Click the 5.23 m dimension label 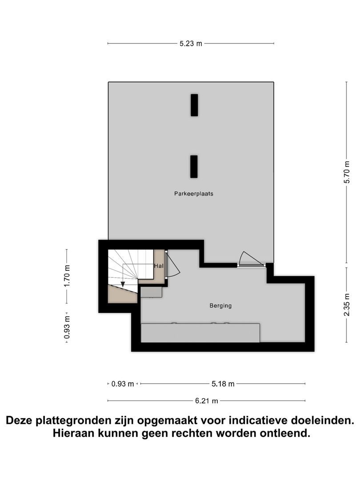point(191,44)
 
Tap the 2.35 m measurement point(347,305)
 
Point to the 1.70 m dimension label point(67,276)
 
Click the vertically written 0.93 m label point(67,327)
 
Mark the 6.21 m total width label point(207,401)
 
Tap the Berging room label point(220,306)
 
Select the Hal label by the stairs point(158,266)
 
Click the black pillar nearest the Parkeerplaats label point(194,167)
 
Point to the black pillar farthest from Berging point(194,105)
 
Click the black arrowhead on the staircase point(123,285)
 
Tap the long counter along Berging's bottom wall point(200,333)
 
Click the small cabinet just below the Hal point(151,292)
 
